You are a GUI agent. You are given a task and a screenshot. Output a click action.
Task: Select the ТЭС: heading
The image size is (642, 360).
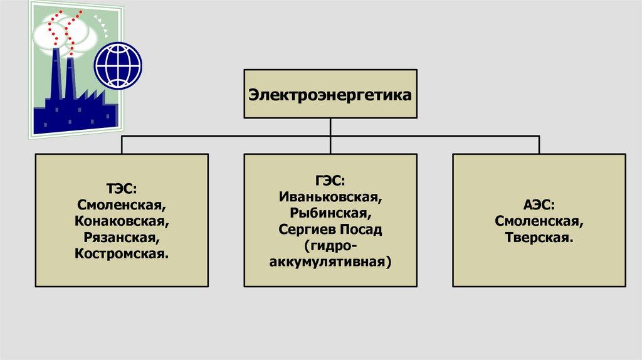(x=122, y=189)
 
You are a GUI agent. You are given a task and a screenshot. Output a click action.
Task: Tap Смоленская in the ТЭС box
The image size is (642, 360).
(x=122, y=205)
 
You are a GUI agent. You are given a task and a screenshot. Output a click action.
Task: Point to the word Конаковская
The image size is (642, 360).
(x=122, y=221)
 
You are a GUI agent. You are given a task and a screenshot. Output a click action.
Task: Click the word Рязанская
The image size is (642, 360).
(x=122, y=238)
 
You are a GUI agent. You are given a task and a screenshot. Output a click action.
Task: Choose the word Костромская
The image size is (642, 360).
(x=122, y=254)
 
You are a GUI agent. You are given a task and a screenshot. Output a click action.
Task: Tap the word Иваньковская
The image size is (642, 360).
(x=330, y=197)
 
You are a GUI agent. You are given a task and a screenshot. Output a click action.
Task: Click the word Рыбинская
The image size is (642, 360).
(x=330, y=213)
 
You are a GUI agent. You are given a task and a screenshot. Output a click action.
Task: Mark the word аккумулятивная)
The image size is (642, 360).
(x=330, y=262)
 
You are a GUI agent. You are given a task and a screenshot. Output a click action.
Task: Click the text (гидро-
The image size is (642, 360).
(x=330, y=246)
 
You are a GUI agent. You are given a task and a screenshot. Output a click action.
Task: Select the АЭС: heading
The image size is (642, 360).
(x=539, y=205)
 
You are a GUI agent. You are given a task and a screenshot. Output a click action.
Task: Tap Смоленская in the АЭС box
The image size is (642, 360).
(x=539, y=221)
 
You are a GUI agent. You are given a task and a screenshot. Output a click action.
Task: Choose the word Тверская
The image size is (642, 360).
(x=539, y=238)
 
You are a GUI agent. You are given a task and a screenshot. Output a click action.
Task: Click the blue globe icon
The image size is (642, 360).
(x=118, y=65)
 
